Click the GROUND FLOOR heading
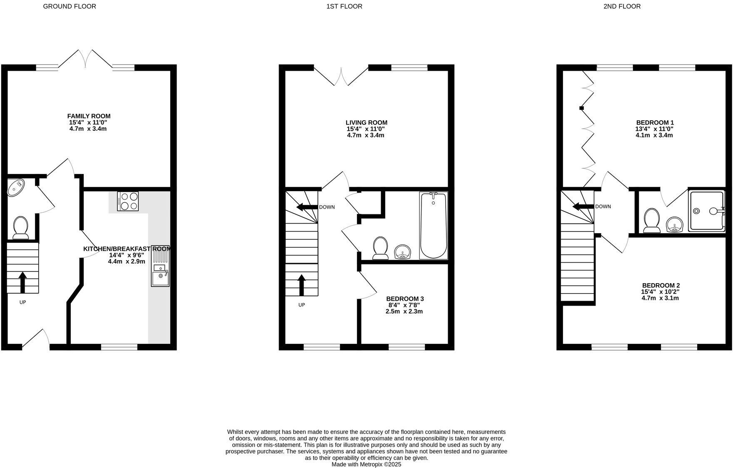coord(70,6)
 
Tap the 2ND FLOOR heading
coord(622,6)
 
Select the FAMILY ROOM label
coord(89,116)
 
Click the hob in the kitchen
coord(128,201)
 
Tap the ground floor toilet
coord(20,228)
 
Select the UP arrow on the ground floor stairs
coord(22,282)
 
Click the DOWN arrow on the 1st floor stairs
coord(307,207)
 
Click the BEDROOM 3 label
coord(405,299)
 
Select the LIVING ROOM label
coord(366,122)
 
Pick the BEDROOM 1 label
coord(655,122)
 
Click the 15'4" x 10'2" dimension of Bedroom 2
coord(660,291)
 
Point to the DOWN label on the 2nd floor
coord(603,207)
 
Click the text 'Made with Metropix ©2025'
coord(366,464)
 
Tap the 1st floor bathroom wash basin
coord(402,252)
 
